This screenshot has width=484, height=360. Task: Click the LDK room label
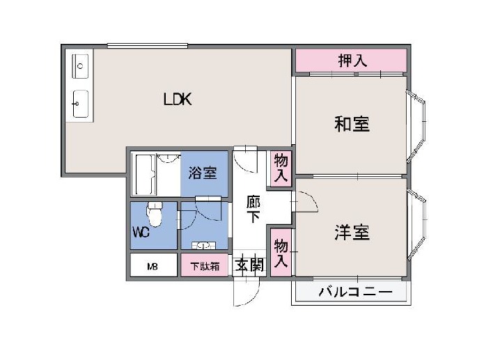click(178, 99)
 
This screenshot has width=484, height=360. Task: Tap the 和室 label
click(352, 124)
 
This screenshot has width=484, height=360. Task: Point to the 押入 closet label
click(352, 61)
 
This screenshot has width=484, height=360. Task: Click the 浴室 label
click(203, 173)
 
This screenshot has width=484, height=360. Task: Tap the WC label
click(141, 232)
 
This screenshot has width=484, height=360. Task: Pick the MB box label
click(153, 266)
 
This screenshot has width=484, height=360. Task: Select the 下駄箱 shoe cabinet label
click(205, 266)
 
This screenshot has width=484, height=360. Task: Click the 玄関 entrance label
click(249, 265)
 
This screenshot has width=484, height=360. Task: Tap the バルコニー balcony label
click(356, 292)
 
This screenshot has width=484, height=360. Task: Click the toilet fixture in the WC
click(155, 214)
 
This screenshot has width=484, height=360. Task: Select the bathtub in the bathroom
click(145, 175)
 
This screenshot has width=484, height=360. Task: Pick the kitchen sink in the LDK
click(80, 104)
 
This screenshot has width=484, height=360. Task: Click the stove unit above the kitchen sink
click(80, 66)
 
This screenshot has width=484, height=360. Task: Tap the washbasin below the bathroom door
click(204, 246)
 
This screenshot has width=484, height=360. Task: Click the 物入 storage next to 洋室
click(281, 253)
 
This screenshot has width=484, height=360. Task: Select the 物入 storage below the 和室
click(281, 169)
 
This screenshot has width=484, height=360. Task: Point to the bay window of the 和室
click(416, 126)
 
